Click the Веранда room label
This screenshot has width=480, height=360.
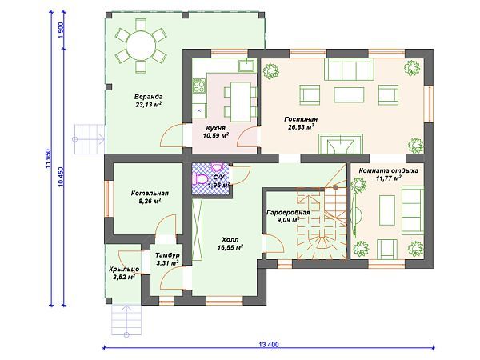[148, 97]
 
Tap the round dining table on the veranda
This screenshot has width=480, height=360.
[141, 46]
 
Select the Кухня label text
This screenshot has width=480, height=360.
[215, 128]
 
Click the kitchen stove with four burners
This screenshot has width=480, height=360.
[198, 86]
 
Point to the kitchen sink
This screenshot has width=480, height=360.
[246, 66]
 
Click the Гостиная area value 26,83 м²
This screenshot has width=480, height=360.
[301, 126]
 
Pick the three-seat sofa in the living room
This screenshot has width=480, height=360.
[349, 69]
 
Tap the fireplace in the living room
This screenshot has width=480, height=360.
[341, 143]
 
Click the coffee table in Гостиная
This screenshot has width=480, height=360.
[349, 95]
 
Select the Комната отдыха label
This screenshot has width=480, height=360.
[388, 170]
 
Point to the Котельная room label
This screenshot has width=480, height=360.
[150, 193]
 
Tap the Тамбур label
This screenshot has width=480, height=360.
[167, 255]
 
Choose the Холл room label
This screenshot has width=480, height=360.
[230, 239]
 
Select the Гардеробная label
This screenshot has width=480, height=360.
[288, 212]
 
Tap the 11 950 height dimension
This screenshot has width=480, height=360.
[48, 158]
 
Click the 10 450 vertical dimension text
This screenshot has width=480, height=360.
[61, 177]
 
